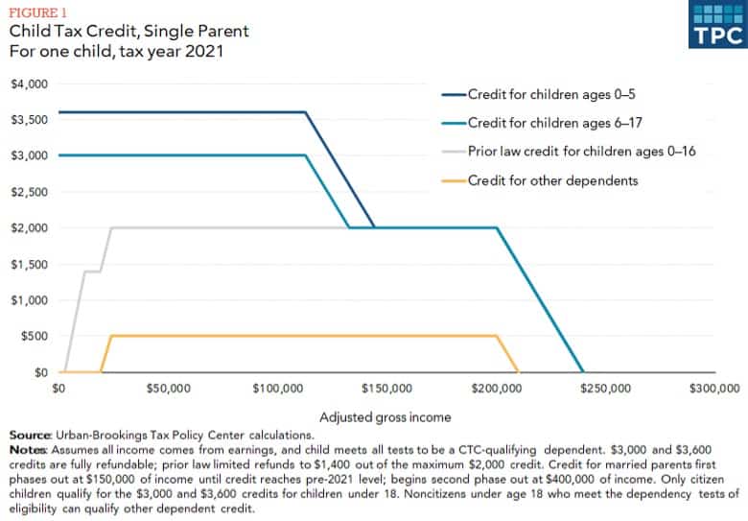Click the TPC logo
tap(716, 24)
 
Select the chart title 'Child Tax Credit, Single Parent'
tap(129, 31)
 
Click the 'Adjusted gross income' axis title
tap(386, 417)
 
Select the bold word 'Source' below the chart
tap(30, 436)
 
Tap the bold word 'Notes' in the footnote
tap(27, 449)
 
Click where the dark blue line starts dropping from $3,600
tap(306, 112)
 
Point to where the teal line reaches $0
tap(583, 371)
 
